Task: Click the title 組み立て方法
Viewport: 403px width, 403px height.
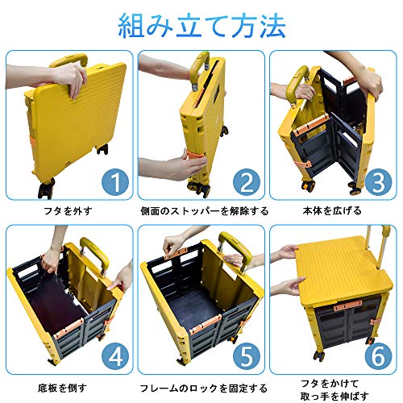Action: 201,26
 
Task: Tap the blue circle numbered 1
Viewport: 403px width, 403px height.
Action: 115,182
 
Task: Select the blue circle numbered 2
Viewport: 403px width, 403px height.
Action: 247,182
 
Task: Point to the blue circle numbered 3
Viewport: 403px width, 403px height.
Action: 378,182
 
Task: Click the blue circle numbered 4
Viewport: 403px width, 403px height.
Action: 115,356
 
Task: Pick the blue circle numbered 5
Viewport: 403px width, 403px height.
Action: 247,356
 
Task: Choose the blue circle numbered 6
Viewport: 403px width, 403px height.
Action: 378,356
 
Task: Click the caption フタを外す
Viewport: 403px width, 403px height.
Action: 68,211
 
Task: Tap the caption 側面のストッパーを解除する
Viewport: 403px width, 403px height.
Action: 205,211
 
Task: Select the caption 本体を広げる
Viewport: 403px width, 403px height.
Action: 332,211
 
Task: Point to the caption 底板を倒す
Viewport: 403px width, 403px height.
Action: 62,388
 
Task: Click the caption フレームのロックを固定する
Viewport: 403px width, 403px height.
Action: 204,388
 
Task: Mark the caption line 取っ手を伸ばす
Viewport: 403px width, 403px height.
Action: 334,396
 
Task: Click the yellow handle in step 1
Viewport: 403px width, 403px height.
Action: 70,60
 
